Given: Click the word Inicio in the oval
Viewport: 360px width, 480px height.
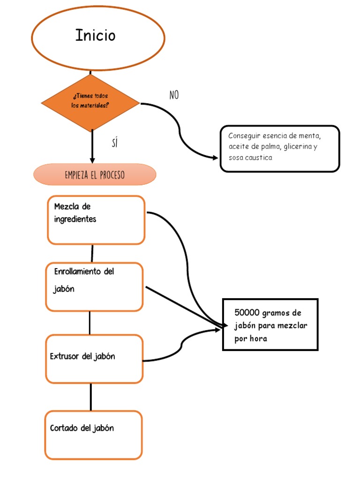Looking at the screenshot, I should tap(95, 36).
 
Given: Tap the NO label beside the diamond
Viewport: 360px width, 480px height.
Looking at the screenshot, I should tap(174, 95).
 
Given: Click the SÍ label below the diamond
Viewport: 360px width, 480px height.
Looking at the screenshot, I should tap(115, 143).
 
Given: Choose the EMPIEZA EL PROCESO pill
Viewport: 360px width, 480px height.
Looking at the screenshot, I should tap(95, 175).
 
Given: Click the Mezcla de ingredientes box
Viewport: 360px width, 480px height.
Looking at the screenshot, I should tap(96, 220).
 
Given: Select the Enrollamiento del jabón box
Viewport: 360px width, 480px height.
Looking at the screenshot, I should tap(94, 286).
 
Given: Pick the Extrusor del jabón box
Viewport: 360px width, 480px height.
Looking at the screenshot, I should tap(94, 359).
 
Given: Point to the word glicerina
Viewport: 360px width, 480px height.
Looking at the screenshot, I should tap(297, 147).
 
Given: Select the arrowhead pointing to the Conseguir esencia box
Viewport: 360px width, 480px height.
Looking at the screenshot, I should tap(215, 157).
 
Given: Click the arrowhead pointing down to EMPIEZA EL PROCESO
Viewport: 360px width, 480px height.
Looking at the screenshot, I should tap(92, 160).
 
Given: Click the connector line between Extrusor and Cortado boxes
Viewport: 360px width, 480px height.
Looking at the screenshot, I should tap(90, 397).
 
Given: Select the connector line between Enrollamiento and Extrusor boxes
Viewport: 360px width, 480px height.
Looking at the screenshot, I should tap(90, 322).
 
